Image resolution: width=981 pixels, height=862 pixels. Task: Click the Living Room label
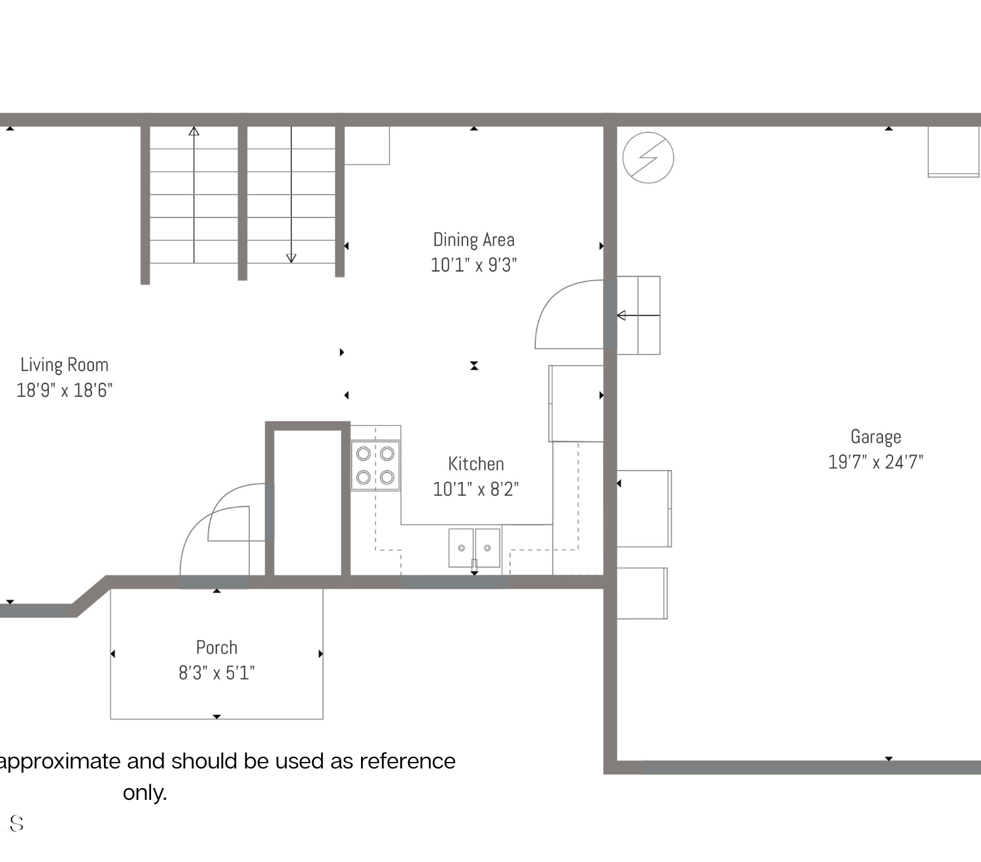pyautogui.click(x=64, y=365)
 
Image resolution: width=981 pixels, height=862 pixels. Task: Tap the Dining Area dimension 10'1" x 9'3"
pyautogui.click(x=474, y=265)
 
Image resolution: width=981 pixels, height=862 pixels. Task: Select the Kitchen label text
pyautogui.click(x=476, y=464)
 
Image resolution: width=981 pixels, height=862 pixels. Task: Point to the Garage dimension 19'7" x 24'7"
pyautogui.click(x=876, y=462)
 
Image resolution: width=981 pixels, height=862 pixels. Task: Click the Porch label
pyautogui.click(x=217, y=647)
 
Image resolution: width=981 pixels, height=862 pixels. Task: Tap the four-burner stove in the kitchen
pyautogui.click(x=375, y=466)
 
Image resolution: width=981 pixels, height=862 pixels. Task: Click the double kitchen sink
pyautogui.click(x=475, y=547)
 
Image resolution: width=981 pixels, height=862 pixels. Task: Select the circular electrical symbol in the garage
pyautogui.click(x=648, y=158)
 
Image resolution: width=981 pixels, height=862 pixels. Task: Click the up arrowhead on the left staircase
pyautogui.click(x=194, y=131)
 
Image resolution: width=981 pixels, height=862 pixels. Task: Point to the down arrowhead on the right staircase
pyautogui.click(x=291, y=258)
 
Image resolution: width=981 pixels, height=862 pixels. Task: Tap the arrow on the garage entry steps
pyautogui.click(x=638, y=316)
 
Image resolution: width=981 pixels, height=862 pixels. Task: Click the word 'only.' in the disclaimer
pyautogui.click(x=145, y=793)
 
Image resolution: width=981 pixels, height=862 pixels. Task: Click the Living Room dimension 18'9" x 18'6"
pyautogui.click(x=64, y=390)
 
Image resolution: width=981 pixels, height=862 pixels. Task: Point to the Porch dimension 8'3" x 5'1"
pyautogui.click(x=217, y=672)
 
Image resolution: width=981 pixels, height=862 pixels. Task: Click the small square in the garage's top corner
pyautogui.click(x=954, y=152)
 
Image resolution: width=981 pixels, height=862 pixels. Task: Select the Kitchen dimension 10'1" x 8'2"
pyautogui.click(x=476, y=489)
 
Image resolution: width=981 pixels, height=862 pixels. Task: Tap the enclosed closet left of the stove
pyautogui.click(x=308, y=503)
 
